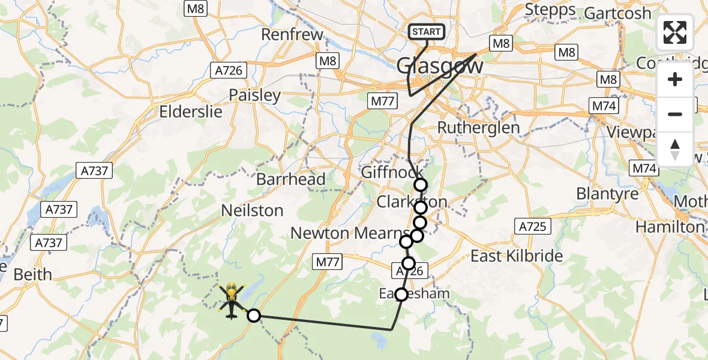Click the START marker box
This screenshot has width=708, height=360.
(427, 32)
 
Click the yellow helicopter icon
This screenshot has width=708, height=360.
(232, 300)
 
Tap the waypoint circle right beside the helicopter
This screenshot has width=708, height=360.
(254, 316)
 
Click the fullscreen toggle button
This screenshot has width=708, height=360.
(675, 33)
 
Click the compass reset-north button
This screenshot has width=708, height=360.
(675, 149)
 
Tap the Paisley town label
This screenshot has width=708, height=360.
(254, 95)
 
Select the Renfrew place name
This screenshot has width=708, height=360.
(292, 34)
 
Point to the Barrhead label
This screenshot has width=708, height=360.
(290, 179)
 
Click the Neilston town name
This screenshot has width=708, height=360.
(252, 211)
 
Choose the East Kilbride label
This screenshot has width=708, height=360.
(516, 256)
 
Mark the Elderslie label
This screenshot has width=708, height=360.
(190, 112)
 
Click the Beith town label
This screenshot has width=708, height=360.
(32, 274)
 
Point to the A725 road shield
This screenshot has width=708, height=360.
(532, 226)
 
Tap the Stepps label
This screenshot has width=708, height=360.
(550, 10)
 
